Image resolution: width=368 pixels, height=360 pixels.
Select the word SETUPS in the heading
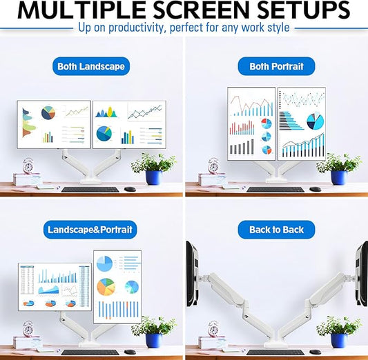(310, 10)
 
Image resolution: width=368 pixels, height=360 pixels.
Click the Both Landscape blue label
(91, 66)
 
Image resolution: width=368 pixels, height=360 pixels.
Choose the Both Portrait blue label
(276, 66)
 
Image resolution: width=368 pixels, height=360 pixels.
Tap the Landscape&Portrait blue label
(91, 229)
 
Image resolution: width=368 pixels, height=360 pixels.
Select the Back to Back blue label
(276, 229)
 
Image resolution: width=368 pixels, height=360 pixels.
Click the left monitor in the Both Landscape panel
(54, 124)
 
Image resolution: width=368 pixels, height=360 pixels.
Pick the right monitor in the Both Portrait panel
(301, 123)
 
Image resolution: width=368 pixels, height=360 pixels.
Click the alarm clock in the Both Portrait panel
(213, 166)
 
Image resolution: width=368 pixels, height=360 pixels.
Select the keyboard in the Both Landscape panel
(90, 189)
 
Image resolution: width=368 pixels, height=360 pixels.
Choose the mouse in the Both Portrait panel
(315, 189)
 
